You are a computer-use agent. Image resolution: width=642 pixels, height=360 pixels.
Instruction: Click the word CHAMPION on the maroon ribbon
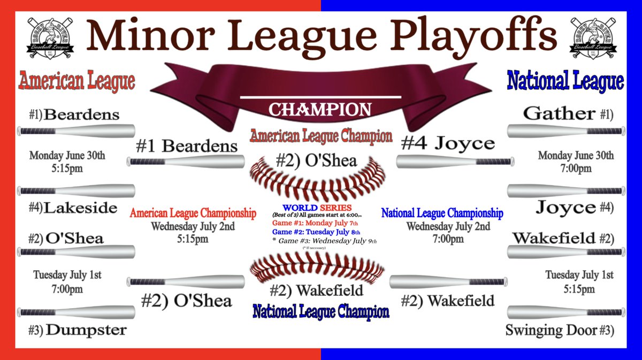pos(320,110)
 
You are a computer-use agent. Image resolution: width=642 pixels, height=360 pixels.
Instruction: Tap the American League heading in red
pos(77,81)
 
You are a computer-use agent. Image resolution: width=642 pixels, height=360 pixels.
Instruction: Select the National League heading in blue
pos(565,81)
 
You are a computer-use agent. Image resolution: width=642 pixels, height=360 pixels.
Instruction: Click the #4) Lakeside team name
pos(73,208)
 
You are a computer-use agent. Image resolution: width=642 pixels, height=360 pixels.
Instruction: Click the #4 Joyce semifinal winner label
pos(448,143)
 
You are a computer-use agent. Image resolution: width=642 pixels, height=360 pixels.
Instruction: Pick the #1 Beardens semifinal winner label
pos(186,146)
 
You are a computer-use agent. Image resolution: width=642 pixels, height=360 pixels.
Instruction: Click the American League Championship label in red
pos(193,213)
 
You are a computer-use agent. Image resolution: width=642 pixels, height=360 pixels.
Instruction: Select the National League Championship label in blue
pos(442,213)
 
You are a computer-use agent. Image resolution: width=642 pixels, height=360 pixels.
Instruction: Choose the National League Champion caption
pos(321,311)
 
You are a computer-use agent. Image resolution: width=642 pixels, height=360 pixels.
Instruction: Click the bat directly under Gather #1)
pos(565,131)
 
